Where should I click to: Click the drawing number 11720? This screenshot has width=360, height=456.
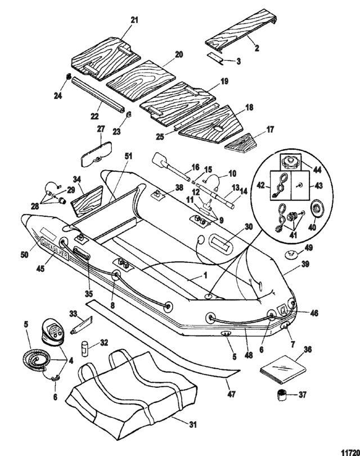tap(349, 451)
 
